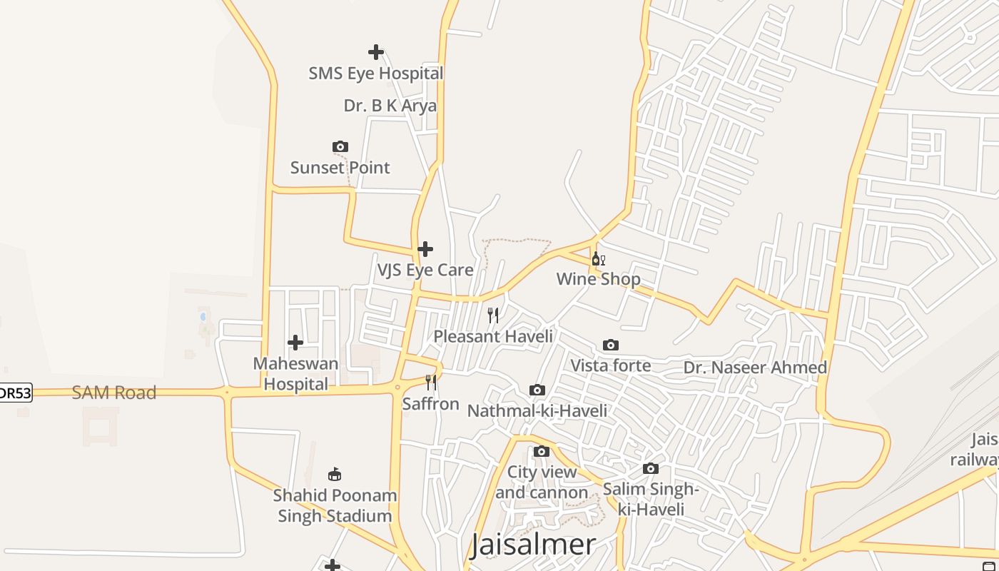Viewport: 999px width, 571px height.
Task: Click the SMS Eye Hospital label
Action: pyautogui.click(x=375, y=73)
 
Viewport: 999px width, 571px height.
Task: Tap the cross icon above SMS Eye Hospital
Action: pyautogui.click(x=376, y=52)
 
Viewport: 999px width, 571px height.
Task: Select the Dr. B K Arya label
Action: pyautogui.click(x=390, y=106)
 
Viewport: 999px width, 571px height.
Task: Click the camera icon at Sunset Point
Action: pyautogui.click(x=340, y=147)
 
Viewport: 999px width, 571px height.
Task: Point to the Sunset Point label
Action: pyautogui.click(x=340, y=168)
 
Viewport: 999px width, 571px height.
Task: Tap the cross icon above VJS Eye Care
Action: pyautogui.click(x=425, y=249)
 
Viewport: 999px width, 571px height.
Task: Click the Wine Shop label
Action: pyautogui.click(x=598, y=279)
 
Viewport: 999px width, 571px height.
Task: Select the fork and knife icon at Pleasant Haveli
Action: pyautogui.click(x=493, y=315)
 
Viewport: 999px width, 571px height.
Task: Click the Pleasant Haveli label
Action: pyautogui.click(x=493, y=336)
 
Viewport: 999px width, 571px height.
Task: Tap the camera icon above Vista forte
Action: pyautogui.click(x=611, y=345)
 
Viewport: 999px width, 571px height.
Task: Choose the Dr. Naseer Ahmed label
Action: pyautogui.click(x=755, y=368)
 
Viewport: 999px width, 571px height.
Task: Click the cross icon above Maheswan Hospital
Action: pyautogui.click(x=295, y=343)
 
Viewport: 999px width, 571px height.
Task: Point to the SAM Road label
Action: pyautogui.click(x=114, y=393)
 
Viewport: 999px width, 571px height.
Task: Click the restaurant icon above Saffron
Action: pyautogui.click(x=431, y=383)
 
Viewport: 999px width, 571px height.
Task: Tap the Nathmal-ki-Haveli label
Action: pyautogui.click(x=537, y=410)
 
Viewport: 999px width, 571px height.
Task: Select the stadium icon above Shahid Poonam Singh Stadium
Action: pyautogui.click(x=335, y=474)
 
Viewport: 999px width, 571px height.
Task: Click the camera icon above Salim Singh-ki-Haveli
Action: pyautogui.click(x=651, y=469)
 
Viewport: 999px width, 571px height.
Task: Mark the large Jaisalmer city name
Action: pyautogui.click(x=533, y=545)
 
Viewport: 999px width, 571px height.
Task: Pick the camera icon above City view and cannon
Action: pyautogui.click(x=542, y=452)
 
